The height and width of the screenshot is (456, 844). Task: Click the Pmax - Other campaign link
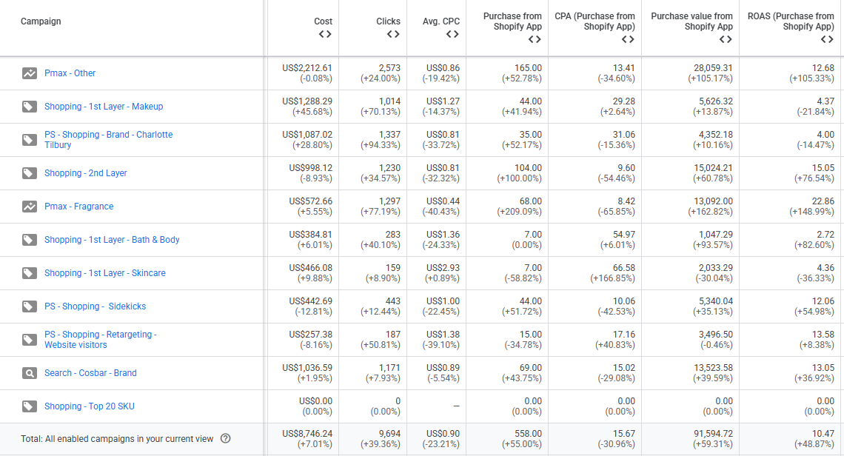[x=70, y=73]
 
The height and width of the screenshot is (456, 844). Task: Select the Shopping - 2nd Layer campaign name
[x=85, y=173]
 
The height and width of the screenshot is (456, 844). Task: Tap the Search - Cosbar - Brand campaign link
[x=90, y=373]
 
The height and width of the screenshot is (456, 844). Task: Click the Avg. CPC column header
[x=441, y=21]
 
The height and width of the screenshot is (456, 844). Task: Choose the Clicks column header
[x=388, y=21]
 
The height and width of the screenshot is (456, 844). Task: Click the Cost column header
[x=323, y=21]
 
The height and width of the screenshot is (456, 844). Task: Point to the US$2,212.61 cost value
[x=307, y=68]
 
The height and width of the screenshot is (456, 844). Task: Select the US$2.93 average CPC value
[x=443, y=268]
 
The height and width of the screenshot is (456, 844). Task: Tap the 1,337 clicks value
[x=389, y=135]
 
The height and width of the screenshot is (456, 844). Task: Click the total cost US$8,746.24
[x=307, y=434]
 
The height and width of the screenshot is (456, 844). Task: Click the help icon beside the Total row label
[x=226, y=439]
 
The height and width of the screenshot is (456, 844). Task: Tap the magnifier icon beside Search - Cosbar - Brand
[x=29, y=373]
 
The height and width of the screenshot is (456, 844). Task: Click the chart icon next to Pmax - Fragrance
[x=29, y=207]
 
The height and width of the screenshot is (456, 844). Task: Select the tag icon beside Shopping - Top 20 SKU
[x=29, y=406]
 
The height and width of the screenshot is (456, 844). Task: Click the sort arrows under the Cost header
[x=325, y=34]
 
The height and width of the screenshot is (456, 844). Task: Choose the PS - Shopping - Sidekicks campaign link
[x=95, y=306]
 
